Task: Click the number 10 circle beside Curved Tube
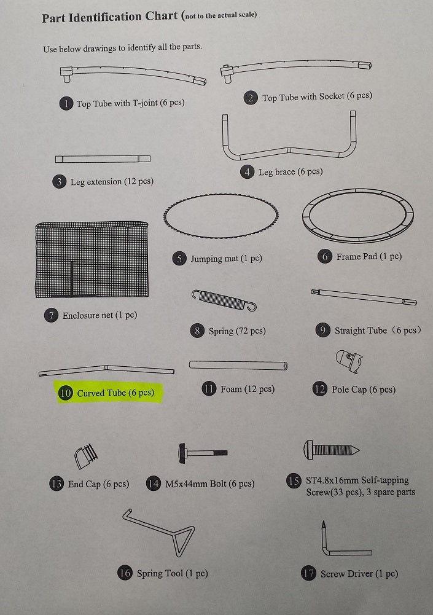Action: pos(65,393)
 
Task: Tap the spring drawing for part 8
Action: pos(224,300)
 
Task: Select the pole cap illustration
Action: pos(349,361)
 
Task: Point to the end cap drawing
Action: pos(86,456)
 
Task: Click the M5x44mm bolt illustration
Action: pos(203,453)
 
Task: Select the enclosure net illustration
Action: pos(92,259)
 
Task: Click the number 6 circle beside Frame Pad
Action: pos(325,257)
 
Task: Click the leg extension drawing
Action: pos(103,159)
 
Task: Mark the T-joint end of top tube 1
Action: pos(66,73)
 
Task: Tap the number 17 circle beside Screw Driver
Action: pos(308,574)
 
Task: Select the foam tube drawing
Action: pos(238,365)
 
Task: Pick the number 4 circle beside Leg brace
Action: pos(247,172)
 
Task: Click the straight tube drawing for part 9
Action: pos(364,297)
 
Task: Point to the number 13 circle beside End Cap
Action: pos(57,484)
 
